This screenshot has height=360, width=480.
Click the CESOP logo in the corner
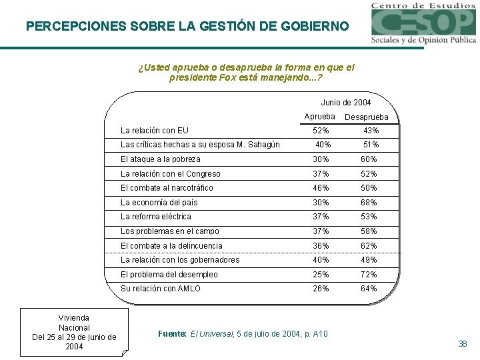(x=423, y=23)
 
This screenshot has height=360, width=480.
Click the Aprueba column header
(x=319, y=117)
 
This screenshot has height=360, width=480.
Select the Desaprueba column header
(x=365, y=117)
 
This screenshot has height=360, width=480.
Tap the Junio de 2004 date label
(x=345, y=103)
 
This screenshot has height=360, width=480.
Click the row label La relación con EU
(x=154, y=131)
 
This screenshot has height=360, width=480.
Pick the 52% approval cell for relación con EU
(x=321, y=131)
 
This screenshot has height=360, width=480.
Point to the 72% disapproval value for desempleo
(x=369, y=275)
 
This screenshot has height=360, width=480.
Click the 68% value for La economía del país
(x=369, y=203)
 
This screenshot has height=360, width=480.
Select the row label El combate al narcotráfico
(x=167, y=188)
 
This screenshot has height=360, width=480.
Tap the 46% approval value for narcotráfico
(x=321, y=188)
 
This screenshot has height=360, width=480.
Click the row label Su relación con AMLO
(x=160, y=289)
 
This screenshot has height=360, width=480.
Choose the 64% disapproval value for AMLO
(x=369, y=289)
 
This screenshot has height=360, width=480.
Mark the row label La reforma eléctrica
(x=155, y=217)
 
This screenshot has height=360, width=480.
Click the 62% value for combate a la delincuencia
(x=369, y=246)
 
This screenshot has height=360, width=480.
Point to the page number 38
(x=463, y=344)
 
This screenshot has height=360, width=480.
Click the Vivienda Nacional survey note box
(x=74, y=332)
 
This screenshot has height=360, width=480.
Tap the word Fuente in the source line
(x=172, y=333)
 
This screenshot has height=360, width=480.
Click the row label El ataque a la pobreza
(x=160, y=159)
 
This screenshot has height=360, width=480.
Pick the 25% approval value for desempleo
(x=321, y=275)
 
